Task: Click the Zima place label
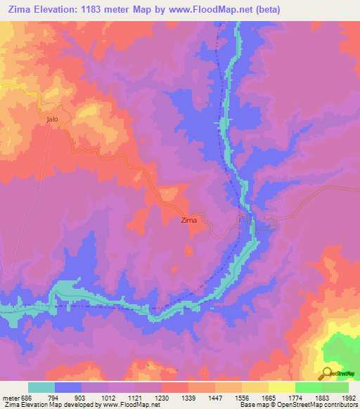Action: coord(189,221)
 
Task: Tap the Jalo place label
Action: coord(51,119)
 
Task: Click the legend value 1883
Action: coord(324,398)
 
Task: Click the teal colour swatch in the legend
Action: coord(41,387)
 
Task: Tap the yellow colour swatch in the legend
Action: coord(281,387)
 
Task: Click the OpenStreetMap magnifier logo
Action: coord(328,373)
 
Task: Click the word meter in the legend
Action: coord(11,398)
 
